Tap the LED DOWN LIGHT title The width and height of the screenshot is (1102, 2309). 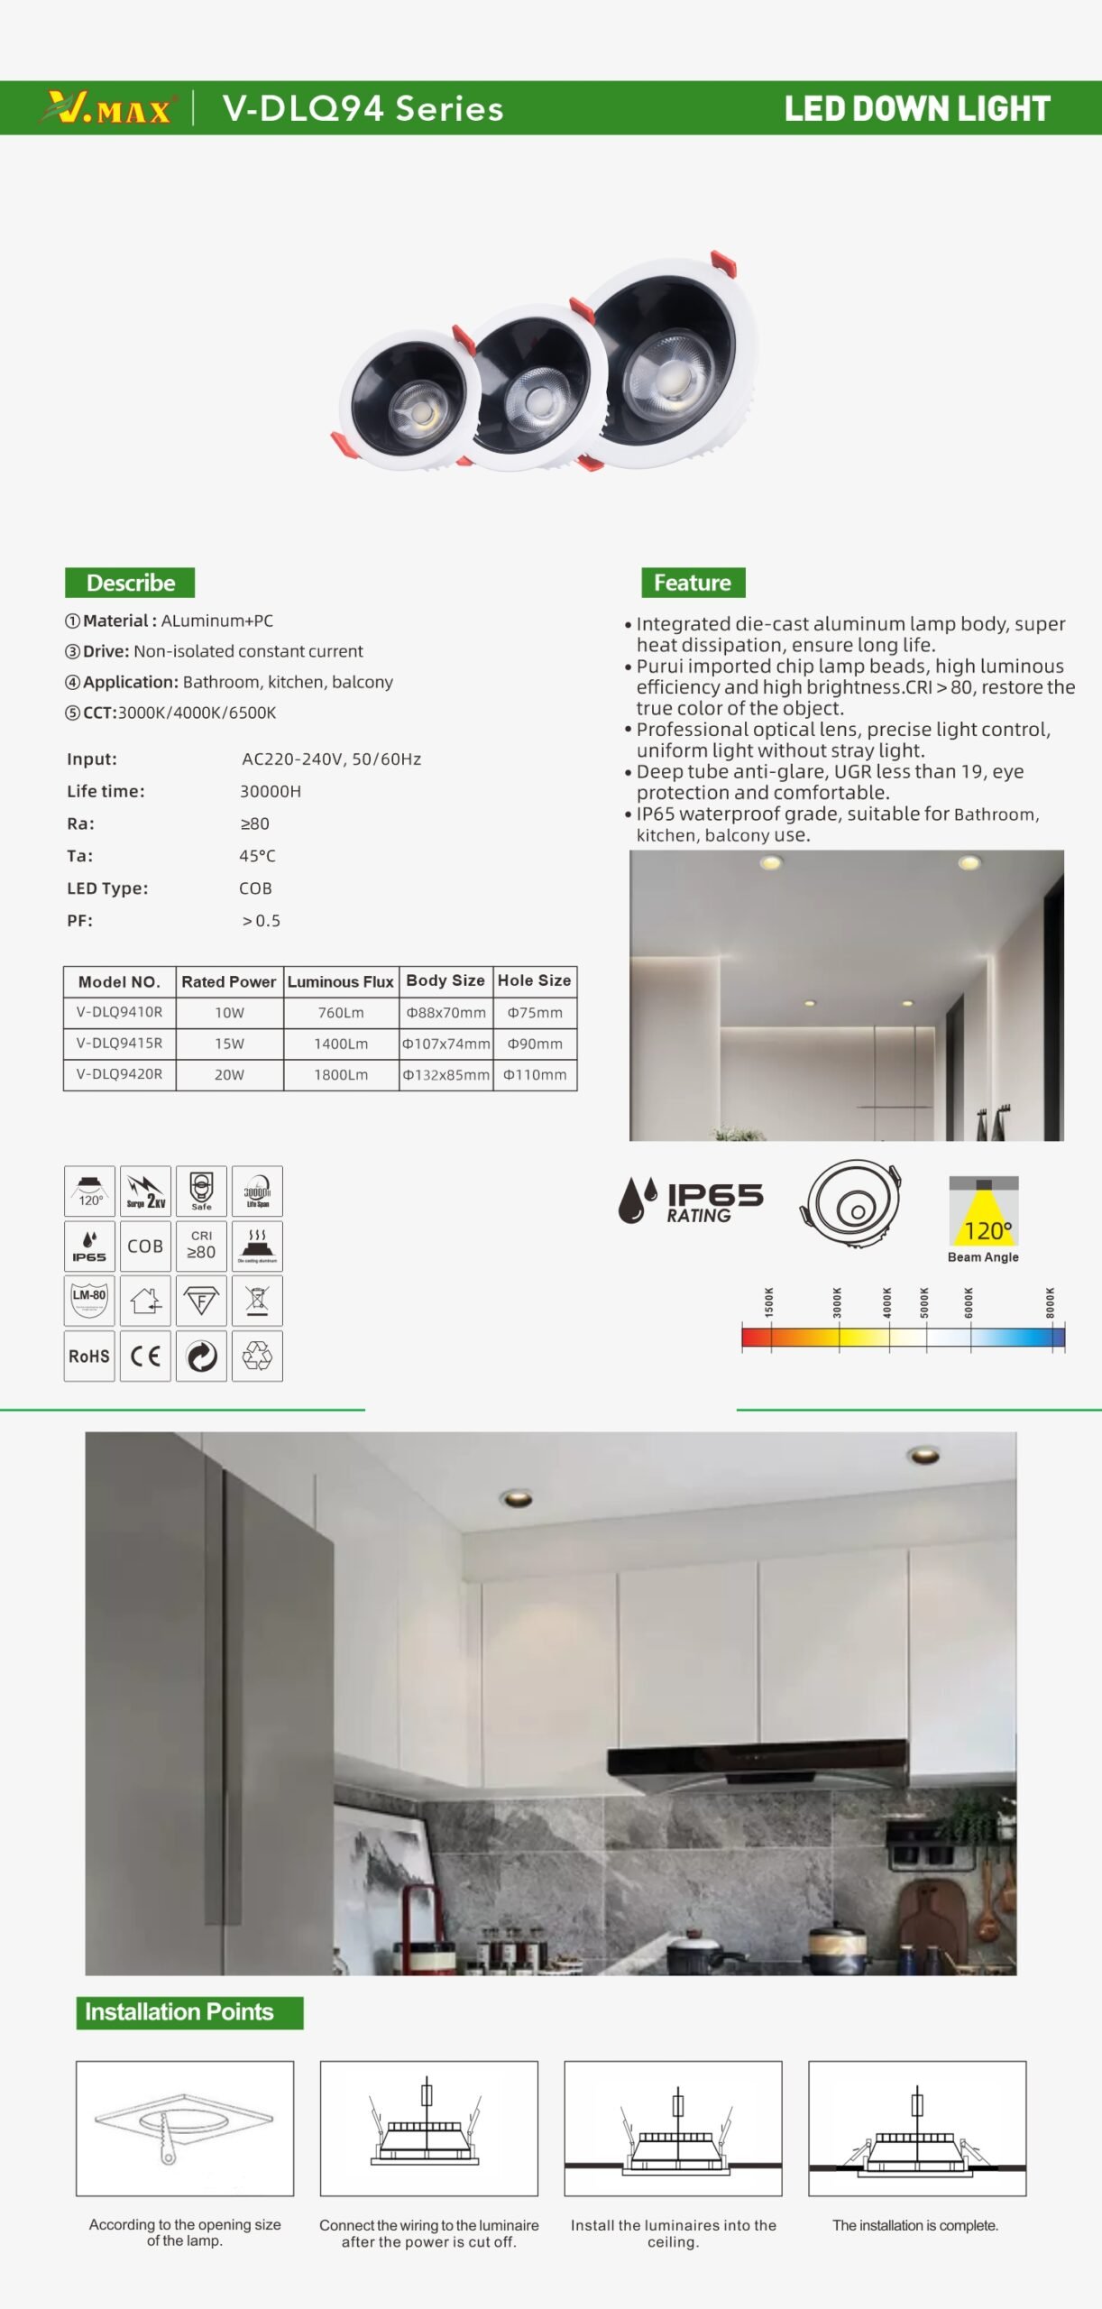coord(916,108)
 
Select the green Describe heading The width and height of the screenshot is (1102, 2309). coord(130,583)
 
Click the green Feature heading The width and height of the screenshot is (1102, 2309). coord(693,583)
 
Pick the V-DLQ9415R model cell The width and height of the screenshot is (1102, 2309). coord(119,1044)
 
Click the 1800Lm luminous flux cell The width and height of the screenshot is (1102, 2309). coord(341,1075)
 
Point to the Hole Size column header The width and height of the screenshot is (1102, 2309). coord(534,980)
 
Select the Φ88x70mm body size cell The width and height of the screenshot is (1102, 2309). coord(445,1013)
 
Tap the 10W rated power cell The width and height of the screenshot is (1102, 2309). coord(229,1013)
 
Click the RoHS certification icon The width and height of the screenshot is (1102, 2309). coord(89,1356)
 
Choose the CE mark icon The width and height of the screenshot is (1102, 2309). coord(145,1356)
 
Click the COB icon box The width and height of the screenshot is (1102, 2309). coord(145,1246)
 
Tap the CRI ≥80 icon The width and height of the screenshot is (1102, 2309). coord(201,1246)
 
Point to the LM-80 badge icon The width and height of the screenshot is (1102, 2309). coord(89,1300)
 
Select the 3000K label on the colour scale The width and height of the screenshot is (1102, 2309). coord(838,1302)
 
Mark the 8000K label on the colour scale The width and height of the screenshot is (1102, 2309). coord(1051,1302)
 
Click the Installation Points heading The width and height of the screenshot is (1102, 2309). coord(179,2012)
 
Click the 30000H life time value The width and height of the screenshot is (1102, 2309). coord(271,791)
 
